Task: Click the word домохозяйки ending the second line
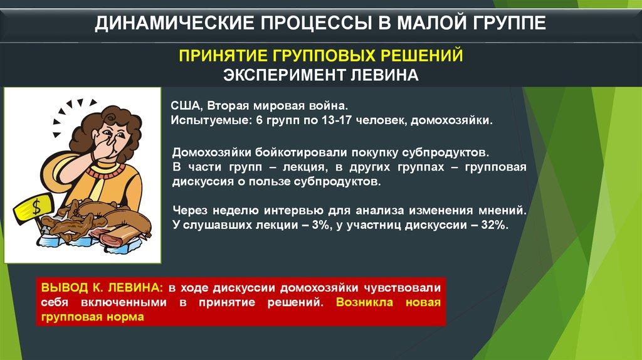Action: point(451,121)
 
